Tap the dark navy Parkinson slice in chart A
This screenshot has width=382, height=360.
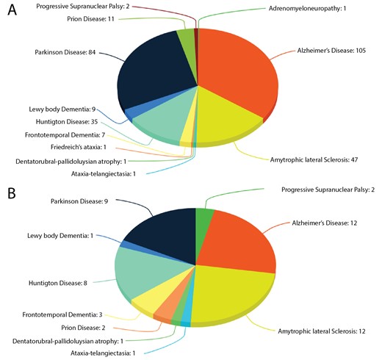tap(158, 73)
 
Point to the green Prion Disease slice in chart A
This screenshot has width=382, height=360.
tap(185, 35)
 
